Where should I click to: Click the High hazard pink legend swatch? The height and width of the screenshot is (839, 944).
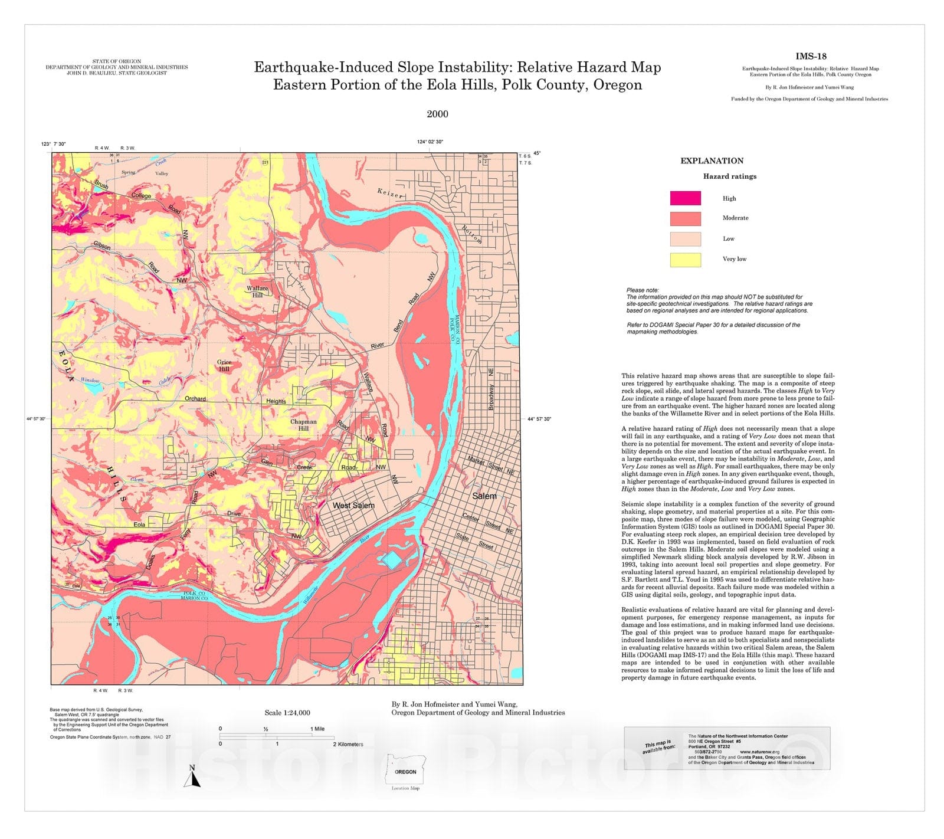pos(685,198)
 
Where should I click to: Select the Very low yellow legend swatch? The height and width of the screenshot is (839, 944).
pos(685,260)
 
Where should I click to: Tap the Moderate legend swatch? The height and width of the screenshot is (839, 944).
pos(685,218)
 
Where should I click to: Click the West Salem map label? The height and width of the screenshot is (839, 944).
pos(353,506)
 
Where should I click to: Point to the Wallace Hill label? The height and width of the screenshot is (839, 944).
pos(257,291)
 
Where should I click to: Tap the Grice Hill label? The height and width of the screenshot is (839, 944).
pos(224,366)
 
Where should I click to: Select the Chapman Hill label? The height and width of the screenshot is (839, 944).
pos(303,425)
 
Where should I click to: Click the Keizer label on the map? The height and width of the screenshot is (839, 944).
pos(391,193)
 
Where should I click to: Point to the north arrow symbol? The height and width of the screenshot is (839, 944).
pos(192,777)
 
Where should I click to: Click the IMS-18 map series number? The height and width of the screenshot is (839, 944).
pos(811,57)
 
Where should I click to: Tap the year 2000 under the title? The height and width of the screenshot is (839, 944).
pos(437,114)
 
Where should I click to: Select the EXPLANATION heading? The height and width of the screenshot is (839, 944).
pos(712,160)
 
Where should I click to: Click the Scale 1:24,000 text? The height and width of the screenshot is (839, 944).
pos(287,713)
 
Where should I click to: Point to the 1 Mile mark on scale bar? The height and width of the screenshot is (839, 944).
pos(317,729)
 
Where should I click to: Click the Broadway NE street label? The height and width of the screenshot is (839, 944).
pos(490,389)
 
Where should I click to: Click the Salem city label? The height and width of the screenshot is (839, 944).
pos(484,496)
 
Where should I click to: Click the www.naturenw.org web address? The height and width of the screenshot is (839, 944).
pos(759,752)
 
